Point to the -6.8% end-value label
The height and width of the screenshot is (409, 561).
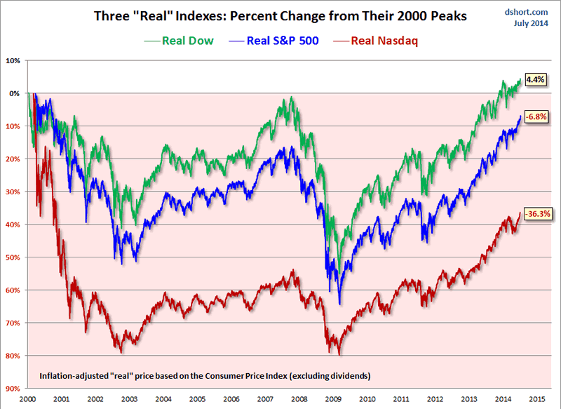536,116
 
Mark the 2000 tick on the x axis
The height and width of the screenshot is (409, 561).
27,398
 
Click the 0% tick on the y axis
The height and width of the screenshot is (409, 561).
14,93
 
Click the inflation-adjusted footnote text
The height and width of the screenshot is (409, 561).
203,376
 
